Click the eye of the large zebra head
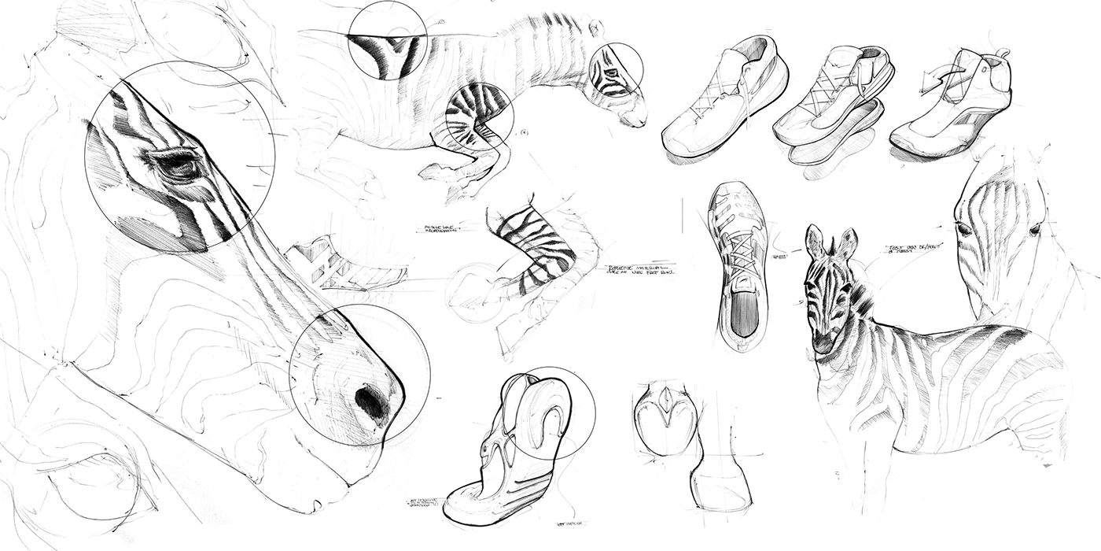pos(179,165)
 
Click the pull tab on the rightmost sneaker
pos(1001,54)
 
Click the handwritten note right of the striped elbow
pos(641,271)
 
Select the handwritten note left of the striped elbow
pos(441,229)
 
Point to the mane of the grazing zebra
pos(550,24)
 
